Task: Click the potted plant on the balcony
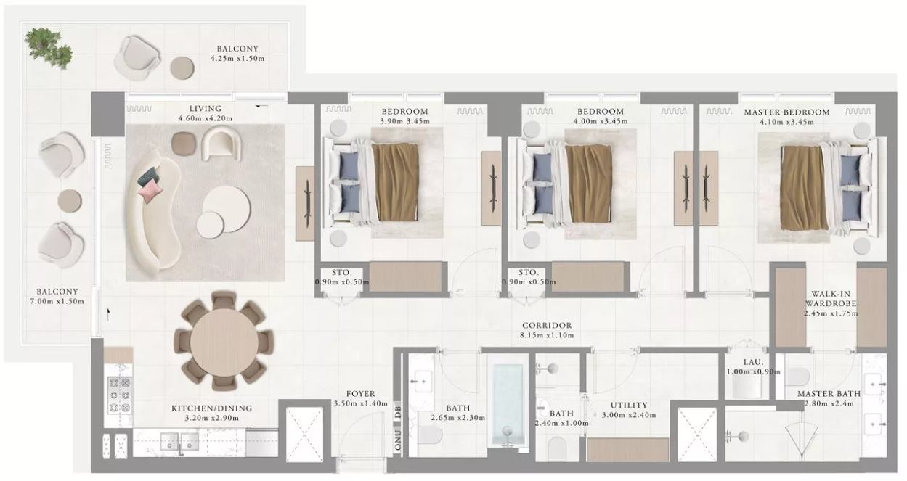48,48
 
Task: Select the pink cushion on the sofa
150,190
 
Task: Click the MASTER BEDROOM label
786,112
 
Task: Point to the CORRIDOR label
547,325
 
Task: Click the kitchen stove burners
120,395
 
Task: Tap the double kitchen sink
179,442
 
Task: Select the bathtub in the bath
508,405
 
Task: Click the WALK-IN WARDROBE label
831,299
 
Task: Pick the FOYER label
360,394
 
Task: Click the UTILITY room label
629,405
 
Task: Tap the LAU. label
753,362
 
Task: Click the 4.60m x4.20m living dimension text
206,118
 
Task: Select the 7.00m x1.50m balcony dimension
57,301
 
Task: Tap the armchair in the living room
221,144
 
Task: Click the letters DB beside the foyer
398,412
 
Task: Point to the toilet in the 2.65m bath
430,435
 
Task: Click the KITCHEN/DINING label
212,408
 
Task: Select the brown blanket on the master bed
804,188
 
